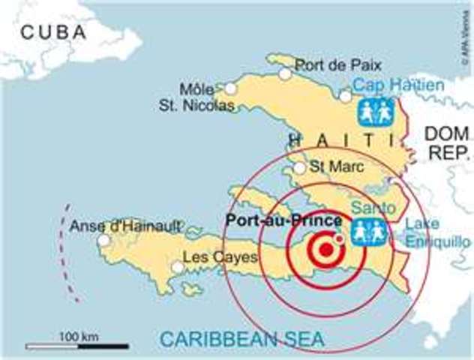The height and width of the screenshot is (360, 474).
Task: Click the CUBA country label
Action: (x=54, y=31)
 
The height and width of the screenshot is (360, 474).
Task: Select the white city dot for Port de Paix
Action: (x=285, y=73)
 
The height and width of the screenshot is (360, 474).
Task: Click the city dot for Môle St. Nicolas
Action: (x=230, y=88)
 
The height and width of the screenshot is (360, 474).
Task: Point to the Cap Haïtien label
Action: (x=398, y=85)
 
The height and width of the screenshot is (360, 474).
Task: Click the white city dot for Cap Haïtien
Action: (x=345, y=96)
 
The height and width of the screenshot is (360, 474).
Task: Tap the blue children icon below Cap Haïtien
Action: (x=376, y=112)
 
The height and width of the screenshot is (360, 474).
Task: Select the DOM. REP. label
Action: (x=447, y=143)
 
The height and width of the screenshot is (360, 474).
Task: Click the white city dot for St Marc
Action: (x=299, y=168)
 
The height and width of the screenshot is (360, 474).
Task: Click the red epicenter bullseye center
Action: (x=326, y=248)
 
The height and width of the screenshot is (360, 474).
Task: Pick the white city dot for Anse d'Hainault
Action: (x=103, y=240)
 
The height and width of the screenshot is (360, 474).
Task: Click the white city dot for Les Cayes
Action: (x=178, y=267)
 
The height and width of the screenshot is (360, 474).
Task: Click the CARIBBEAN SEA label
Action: (x=241, y=339)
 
